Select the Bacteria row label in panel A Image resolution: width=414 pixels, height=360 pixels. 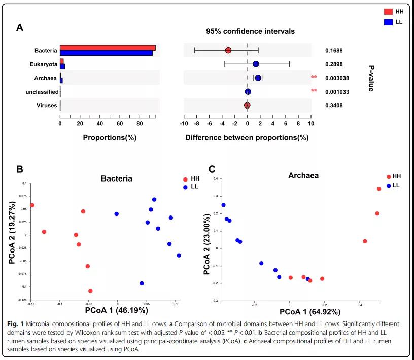(46, 50)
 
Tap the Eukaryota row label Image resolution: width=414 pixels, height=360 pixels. (44, 64)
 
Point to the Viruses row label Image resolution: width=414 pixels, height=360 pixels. (47, 105)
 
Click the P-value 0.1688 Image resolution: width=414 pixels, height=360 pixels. (334, 51)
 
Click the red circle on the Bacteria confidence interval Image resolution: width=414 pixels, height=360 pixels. (228, 50)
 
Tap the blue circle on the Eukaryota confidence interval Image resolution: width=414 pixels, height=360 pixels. (256, 64)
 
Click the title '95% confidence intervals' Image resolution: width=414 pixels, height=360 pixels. (250, 31)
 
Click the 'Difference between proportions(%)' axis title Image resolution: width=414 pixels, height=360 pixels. (247, 137)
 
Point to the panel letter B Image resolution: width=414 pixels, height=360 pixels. (20, 169)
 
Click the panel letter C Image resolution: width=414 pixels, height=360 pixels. (212, 169)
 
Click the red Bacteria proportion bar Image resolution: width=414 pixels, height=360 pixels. (108, 48)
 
